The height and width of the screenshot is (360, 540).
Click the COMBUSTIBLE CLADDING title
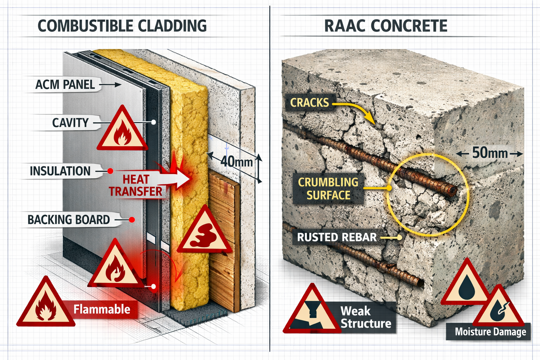(x=122, y=26)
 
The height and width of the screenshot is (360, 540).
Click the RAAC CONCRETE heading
(x=386, y=26)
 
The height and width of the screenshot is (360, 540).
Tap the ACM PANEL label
(x=65, y=85)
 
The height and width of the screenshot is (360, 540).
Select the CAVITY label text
(x=70, y=123)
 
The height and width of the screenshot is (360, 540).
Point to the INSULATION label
(x=60, y=171)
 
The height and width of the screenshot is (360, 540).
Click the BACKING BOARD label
(x=69, y=220)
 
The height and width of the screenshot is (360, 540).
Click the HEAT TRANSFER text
(x=135, y=185)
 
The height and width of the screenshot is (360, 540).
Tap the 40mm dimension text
(x=236, y=162)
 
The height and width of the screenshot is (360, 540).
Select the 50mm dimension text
(x=489, y=153)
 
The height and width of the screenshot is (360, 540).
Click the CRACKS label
(x=309, y=103)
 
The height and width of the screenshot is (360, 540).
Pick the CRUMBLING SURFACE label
(x=328, y=188)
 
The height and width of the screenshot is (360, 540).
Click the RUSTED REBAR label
(x=337, y=237)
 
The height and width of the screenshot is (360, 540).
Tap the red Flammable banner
(x=102, y=309)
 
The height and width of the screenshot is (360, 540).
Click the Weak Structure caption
(x=366, y=317)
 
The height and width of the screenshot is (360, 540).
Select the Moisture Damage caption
(x=490, y=332)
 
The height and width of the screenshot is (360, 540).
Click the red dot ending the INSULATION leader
(x=110, y=171)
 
